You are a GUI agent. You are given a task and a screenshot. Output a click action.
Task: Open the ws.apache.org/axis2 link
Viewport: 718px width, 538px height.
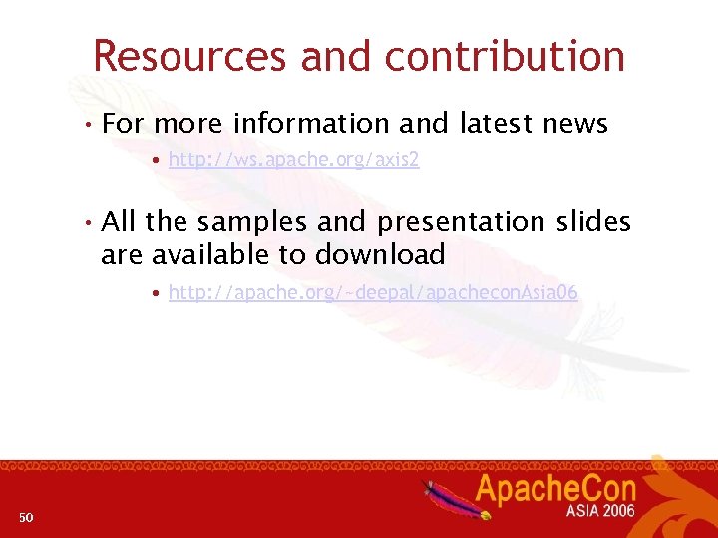pos(294,160)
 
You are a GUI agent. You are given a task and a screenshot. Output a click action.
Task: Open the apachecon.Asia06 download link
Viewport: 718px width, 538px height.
pos(373,292)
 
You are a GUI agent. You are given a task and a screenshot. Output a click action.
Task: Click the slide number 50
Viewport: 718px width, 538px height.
pos(26,516)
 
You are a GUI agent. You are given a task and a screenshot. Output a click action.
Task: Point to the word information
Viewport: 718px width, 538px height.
pos(311,124)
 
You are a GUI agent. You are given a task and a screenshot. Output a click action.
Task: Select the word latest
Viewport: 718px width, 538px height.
pos(497,124)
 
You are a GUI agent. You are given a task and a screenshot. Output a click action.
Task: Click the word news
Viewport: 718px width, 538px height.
pos(575,124)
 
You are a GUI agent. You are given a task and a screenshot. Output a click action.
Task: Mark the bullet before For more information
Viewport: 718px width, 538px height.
pos(89,125)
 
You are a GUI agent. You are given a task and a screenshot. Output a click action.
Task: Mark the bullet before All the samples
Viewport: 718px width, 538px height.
pos(89,222)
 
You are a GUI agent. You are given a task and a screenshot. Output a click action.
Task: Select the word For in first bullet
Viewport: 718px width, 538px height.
pos(124,124)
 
